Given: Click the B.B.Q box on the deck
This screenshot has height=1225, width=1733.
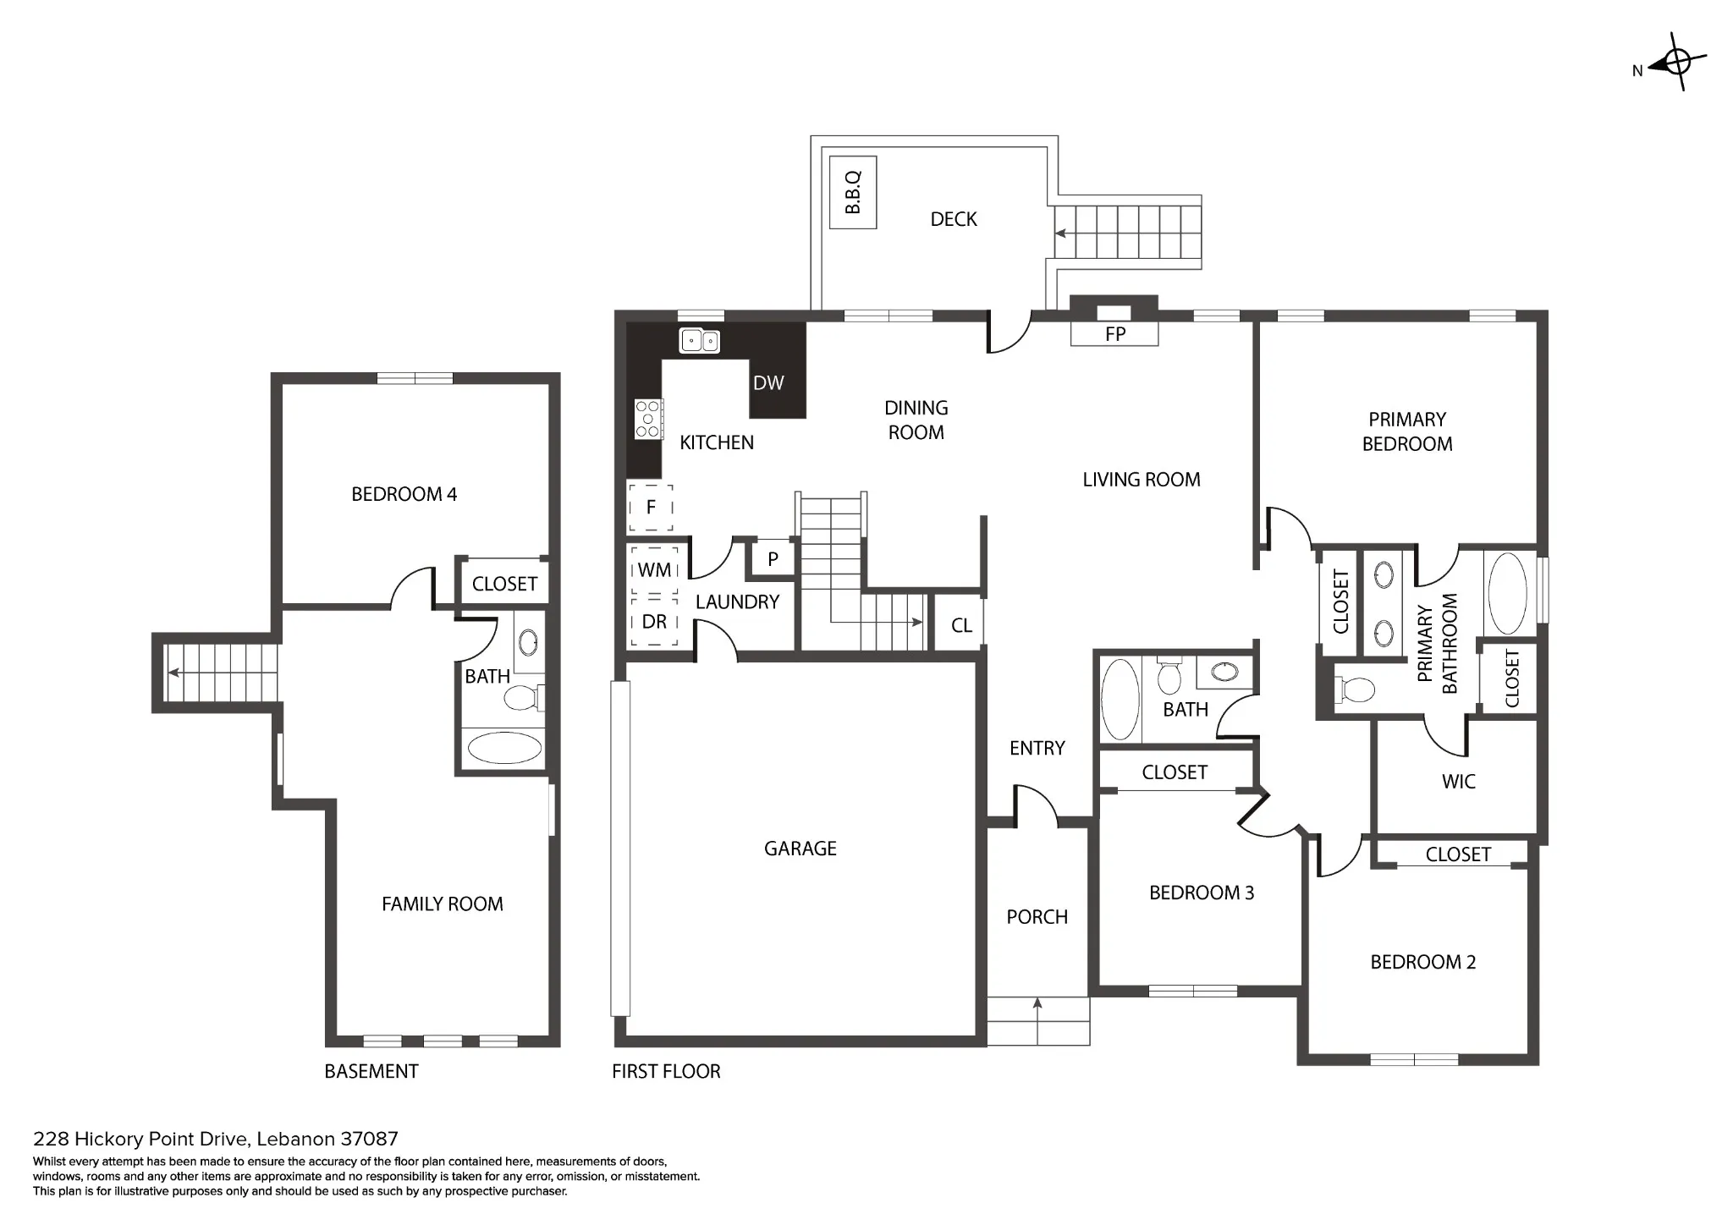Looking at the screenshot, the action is click(x=852, y=192).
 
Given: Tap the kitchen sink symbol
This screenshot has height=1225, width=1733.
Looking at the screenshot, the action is click(x=700, y=341).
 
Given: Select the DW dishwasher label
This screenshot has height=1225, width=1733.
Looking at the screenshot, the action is click(x=768, y=383).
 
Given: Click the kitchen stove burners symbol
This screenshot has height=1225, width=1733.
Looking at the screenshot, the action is click(x=648, y=419).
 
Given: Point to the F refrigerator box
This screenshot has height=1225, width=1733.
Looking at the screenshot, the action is click(x=651, y=508).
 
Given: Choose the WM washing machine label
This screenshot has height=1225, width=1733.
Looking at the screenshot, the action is click(x=654, y=570).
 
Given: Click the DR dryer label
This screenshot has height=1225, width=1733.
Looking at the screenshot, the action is click(x=654, y=622).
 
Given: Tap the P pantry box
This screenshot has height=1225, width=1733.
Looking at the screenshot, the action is click(x=773, y=559).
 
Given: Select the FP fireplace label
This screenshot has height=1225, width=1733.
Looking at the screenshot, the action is click(x=1115, y=334).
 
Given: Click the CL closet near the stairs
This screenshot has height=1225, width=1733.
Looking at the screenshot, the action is click(x=961, y=626).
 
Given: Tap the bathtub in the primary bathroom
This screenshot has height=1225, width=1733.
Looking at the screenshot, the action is click(x=1507, y=594).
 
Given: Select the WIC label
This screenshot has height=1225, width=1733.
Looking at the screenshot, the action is click(x=1459, y=782).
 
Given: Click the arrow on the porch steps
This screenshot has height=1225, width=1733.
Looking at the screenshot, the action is click(x=1037, y=1021).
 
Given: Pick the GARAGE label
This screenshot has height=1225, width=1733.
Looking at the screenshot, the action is click(x=800, y=849).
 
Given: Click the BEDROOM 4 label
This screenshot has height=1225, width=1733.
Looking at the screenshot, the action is click(x=404, y=494).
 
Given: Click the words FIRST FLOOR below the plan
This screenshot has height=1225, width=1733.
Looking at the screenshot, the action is click(x=667, y=1072).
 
